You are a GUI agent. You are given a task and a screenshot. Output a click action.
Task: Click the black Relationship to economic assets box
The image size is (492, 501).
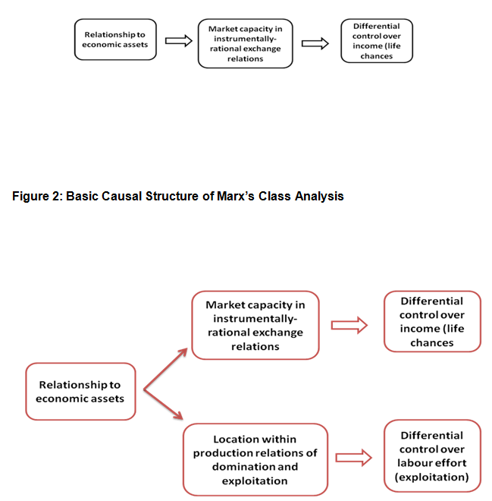pyautogui.click(x=115, y=39)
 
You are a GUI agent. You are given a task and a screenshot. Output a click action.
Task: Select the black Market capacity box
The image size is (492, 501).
pyautogui.click(x=244, y=44)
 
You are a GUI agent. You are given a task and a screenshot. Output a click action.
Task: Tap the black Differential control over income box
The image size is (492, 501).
pyautogui.click(x=377, y=41)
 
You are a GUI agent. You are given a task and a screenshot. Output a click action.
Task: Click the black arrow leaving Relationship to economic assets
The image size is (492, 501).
pyautogui.click(x=178, y=41)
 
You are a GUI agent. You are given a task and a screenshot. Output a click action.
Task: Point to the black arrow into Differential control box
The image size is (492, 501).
pyautogui.click(x=315, y=43)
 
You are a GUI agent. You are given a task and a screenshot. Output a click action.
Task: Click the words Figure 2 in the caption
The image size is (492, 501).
pyautogui.click(x=39, y=197)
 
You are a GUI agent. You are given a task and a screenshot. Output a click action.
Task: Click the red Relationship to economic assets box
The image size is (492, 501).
pyautogui.click(x=80, y=392)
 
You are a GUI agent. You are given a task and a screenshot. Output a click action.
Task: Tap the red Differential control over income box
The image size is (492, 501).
pyautogui.click(x=432, y=321)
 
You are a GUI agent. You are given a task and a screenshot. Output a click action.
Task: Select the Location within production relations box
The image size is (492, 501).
pyautogui.click(x=255, y=460)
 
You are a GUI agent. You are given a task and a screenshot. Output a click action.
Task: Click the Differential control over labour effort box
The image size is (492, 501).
pyautogui.click(x=432, y=456)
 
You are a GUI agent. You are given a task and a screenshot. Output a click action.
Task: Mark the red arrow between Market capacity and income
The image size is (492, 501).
pyautogui.click(x=349, y=326)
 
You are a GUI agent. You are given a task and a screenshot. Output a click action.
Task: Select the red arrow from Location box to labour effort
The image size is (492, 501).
pyautogui.click(x=353, y=457)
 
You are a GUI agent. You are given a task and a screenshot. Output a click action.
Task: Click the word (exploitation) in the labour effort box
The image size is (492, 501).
pyautogui.click(x=432, y=477)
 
